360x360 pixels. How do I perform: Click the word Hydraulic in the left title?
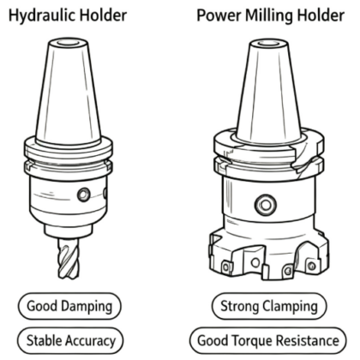42,15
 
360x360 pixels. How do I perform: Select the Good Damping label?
69,306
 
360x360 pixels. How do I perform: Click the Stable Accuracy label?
70,340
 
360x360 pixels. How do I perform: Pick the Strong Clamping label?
269,306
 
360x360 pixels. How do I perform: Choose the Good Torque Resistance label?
268,340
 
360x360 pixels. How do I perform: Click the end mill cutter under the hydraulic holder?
68,258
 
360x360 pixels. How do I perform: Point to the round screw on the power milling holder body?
266,205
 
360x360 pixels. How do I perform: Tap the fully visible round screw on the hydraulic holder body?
84,195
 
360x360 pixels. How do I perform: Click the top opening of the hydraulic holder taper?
68,44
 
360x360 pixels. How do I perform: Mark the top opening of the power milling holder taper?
268,44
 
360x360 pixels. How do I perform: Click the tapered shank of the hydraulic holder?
68,92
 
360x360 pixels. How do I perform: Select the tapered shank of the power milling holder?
268,92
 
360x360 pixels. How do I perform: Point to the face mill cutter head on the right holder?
269,255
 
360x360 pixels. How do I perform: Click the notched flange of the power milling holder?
269,154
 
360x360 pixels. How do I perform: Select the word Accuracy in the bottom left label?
90,341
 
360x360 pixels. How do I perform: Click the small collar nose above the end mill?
69,230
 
